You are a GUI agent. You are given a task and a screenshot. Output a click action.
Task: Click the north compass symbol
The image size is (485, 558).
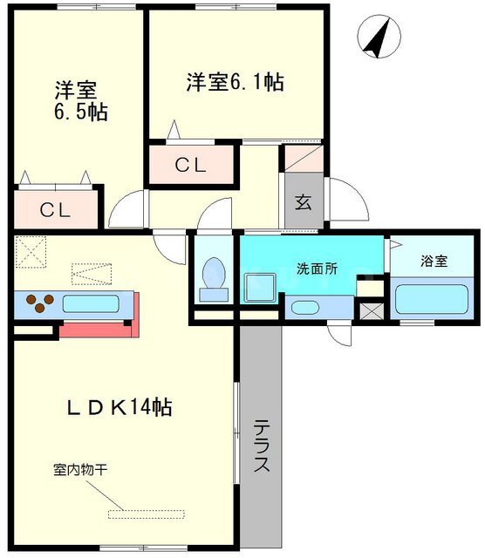379,37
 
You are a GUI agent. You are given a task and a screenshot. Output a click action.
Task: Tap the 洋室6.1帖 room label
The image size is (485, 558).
235,82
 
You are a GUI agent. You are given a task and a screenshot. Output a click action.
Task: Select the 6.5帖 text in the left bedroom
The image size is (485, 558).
81,112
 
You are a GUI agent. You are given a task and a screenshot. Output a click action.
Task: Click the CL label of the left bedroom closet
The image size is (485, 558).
55,210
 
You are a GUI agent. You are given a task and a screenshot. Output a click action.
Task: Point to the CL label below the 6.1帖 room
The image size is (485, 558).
190,165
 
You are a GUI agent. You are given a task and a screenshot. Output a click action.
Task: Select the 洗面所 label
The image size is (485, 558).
317,269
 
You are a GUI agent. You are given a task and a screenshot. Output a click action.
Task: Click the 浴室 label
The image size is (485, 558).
434,261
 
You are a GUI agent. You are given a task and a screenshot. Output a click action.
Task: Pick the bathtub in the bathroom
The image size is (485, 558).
432,299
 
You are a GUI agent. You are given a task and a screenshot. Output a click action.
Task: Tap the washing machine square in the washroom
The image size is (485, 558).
261,288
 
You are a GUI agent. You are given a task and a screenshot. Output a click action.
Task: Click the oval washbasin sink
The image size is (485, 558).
304,308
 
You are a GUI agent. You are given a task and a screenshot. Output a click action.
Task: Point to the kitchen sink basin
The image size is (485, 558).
91,304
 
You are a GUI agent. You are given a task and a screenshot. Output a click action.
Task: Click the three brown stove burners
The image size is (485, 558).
40,303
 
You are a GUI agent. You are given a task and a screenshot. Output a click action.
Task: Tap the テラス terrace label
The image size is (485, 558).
262,446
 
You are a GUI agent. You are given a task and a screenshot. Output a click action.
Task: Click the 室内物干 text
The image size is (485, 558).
80,469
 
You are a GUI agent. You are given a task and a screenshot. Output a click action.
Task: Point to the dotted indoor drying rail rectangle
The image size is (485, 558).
147,514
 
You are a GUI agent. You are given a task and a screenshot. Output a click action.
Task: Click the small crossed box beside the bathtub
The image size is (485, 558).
370,311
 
